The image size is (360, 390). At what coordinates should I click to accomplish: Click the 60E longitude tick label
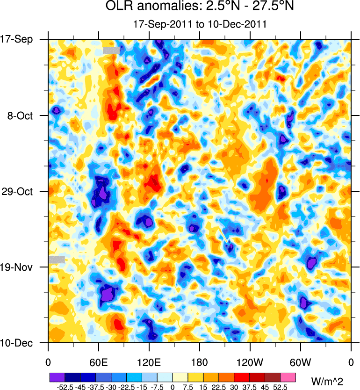98,362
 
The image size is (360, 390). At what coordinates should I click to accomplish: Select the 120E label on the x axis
149,362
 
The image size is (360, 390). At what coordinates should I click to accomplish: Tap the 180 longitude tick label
199,362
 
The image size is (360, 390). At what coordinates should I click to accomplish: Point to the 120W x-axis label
250,362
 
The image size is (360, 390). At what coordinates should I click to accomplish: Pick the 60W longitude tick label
300,362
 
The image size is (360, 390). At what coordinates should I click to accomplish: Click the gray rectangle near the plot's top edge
111,51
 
